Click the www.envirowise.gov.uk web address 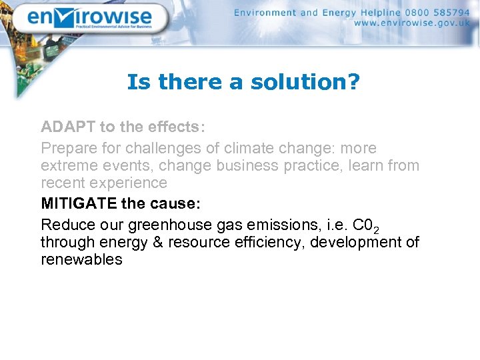[411, 23]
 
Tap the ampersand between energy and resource [158, 242]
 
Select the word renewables [81, 259]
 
